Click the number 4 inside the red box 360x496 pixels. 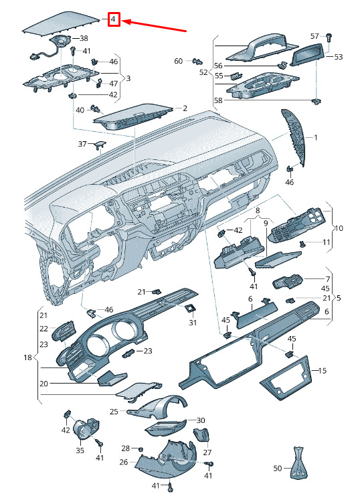(x=114, y=20)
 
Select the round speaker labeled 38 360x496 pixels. (x=61, y=41)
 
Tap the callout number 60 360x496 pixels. (x=179, y=61)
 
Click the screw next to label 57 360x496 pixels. (x=328, y=37)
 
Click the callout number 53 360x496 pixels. (x=338, y=57)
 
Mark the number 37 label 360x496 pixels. (x=82, y=144)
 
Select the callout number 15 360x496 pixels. (x=323, y=370)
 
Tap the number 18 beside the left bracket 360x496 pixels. (x=28, y=357)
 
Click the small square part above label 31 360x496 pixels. (x=191, y=308)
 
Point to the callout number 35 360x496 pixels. (x=80, y=450)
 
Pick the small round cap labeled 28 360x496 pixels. (x=141, y=449)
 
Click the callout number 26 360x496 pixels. (x=124, y=462)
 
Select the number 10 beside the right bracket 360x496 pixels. (x=339, y=228)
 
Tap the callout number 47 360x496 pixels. (x=113, y=84)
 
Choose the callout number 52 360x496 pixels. (x=203, y=72)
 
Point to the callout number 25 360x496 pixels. (x=114, y=412)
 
